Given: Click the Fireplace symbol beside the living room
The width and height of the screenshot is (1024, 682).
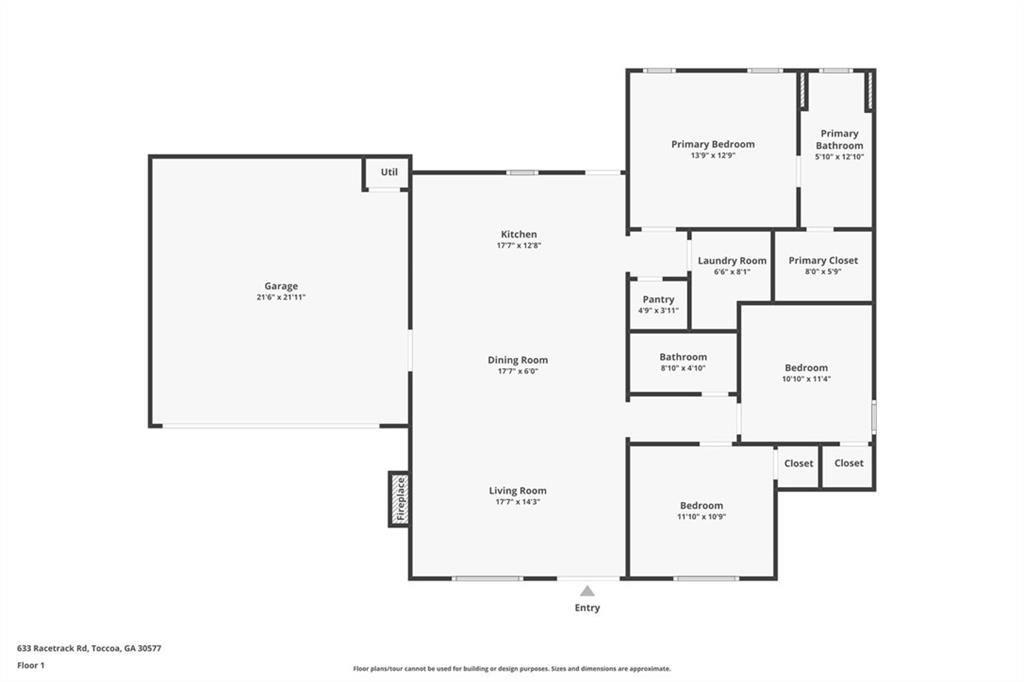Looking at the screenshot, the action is click(399, 499).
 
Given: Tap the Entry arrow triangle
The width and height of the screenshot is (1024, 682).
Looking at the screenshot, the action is click(587, 591).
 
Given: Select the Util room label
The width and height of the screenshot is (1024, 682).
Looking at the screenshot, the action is click(389, 172).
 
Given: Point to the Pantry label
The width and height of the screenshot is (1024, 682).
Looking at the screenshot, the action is click(658, 299).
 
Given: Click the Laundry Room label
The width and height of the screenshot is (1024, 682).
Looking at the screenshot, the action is click(732, 261).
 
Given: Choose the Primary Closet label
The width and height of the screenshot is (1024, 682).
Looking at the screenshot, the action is click(823, 261).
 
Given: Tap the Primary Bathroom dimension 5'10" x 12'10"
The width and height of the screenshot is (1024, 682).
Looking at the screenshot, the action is click(839, 157).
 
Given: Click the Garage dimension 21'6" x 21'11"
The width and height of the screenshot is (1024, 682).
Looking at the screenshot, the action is click(281, 297).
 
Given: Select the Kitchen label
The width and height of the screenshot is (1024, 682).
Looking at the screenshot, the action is click(519, 234).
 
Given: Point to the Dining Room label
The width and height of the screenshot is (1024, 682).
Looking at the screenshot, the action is click(518, 360).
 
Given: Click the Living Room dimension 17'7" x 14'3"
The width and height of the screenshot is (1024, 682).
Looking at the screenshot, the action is click(518, 502).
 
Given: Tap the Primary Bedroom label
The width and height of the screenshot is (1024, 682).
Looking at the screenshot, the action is click(713, 144).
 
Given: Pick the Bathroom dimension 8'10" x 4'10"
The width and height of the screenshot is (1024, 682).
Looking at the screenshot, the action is click(683, 368).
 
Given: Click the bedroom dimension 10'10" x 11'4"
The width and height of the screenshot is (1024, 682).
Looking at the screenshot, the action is click(807, 379).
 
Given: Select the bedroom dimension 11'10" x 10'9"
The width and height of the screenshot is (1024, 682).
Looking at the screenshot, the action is click(702, 517).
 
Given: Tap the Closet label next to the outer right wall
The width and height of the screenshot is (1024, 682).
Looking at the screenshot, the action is click(849, 463).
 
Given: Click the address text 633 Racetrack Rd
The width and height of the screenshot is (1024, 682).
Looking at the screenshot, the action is click(52, 649).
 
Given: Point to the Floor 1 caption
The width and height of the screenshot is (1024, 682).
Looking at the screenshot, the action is click(31, 666).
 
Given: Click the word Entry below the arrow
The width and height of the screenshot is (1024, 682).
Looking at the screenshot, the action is click(587, 608).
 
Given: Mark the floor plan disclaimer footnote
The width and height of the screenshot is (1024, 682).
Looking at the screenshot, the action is click(512, 669).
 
